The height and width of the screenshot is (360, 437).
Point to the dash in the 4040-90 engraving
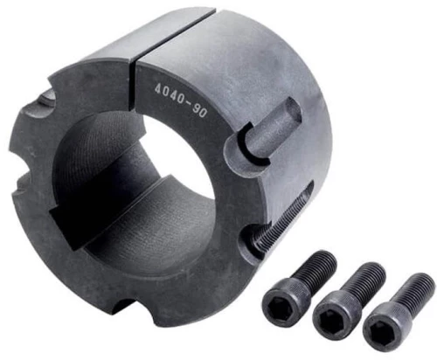point(188,103)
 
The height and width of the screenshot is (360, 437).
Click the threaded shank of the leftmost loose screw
point(316,269)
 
